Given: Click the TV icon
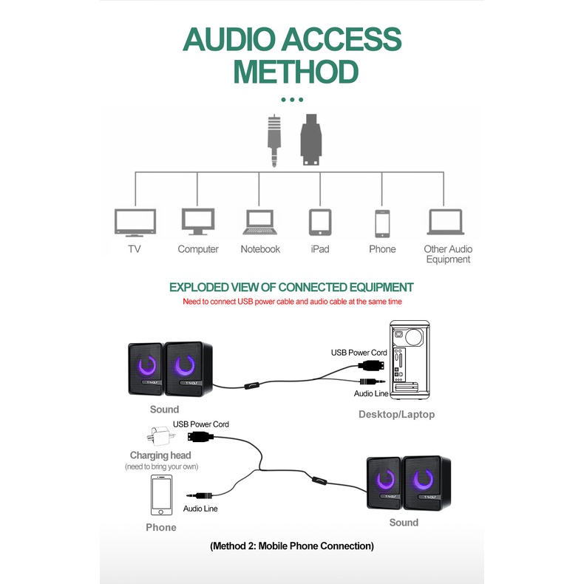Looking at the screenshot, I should point(135,223).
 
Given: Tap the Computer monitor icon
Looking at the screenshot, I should point(198,223).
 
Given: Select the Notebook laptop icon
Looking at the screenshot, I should point(260,223).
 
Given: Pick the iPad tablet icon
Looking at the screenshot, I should point(320,223).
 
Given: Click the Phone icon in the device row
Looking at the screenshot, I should point(382,223).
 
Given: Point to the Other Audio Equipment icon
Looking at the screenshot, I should point(445,223).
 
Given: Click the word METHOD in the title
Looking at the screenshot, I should point(296,72).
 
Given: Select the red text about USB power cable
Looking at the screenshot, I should point(292,302).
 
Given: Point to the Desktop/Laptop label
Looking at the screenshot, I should point(396,414).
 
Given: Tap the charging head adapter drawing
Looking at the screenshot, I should point(157,436).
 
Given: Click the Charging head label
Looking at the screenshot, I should point(160,455).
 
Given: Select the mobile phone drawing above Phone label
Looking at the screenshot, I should point(161,495).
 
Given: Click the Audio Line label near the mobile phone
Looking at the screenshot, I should point(200,509).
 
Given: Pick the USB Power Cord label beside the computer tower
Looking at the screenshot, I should point(359,353).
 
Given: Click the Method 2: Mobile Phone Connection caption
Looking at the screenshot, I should point(292,546).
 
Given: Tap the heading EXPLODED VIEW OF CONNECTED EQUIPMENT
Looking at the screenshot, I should point(291,288).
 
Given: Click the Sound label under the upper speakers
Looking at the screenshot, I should point(164,409).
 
